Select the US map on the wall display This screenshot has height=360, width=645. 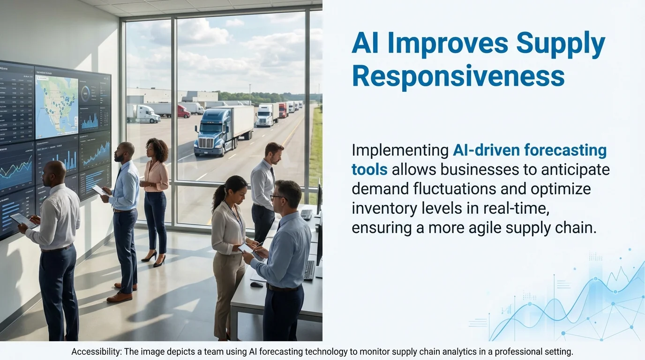click(56, 106)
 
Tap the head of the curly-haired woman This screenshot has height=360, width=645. click(157, 149)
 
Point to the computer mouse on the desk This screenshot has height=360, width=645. click(256, 284)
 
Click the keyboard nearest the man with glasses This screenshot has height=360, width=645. click(309, 270)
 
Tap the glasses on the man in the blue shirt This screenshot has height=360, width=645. click(277, 198)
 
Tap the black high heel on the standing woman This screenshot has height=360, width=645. click(159, 262)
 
